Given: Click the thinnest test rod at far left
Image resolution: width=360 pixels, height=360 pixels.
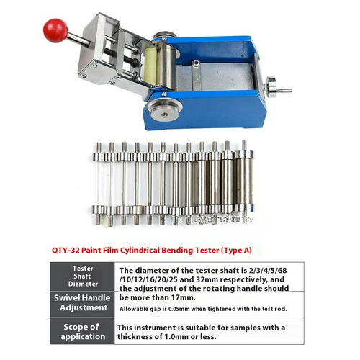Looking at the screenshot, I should click(99, 180).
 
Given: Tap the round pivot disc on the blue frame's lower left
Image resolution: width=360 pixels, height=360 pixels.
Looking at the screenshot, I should click(163, 110).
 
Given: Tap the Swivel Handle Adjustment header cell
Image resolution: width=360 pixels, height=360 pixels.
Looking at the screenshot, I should click(82, 303).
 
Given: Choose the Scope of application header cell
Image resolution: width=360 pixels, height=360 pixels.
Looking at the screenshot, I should click(82, 333).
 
